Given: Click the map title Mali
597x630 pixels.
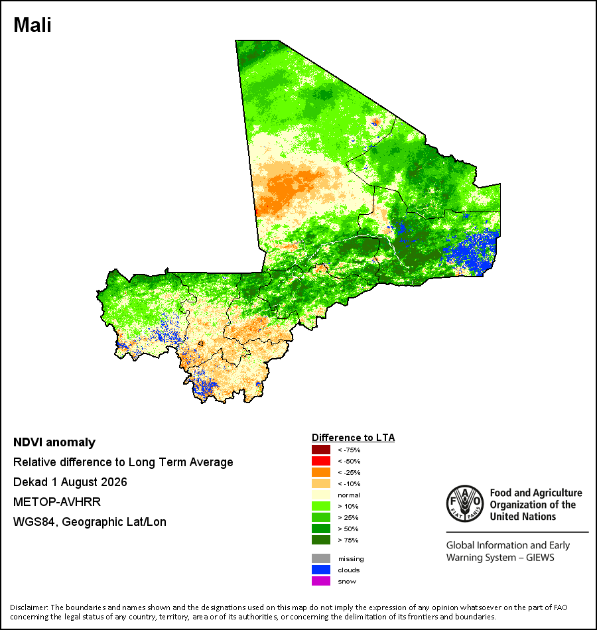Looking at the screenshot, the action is tap(32, 25).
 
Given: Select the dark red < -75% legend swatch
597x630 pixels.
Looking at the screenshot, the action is tap(321, 450).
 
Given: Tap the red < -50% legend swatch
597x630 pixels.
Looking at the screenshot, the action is tap(321, 461).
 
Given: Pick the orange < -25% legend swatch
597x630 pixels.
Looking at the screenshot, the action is tap(321, 472).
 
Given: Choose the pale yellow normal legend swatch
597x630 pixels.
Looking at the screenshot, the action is tap(321, 495).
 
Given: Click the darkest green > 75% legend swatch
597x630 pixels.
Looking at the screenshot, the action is tap(321, 540).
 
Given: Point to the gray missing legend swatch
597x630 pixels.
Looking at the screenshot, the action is tap(321, 558).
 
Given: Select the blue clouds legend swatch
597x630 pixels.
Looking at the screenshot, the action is tap(321, 570).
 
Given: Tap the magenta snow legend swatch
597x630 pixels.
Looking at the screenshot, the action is tap(321, 581).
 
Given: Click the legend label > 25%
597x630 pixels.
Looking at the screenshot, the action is tap(348, 517).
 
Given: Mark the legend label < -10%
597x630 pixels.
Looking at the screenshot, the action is tap(349, 483).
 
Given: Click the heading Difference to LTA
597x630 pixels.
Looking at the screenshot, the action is tap(353, 438).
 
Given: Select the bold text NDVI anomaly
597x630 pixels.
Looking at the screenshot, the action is tap(54, 442).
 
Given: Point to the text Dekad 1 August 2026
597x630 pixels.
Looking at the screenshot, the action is tap(70, 482).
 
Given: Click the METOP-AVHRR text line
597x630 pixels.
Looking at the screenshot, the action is tap(56, 502).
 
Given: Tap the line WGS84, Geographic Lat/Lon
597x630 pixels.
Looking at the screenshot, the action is tap(90, 522).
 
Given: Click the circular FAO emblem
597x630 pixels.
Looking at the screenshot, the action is tap(465, 504).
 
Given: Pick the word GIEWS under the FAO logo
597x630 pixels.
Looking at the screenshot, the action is tap(540, 558).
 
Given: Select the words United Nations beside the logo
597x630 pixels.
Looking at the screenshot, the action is tap(523, 517).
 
